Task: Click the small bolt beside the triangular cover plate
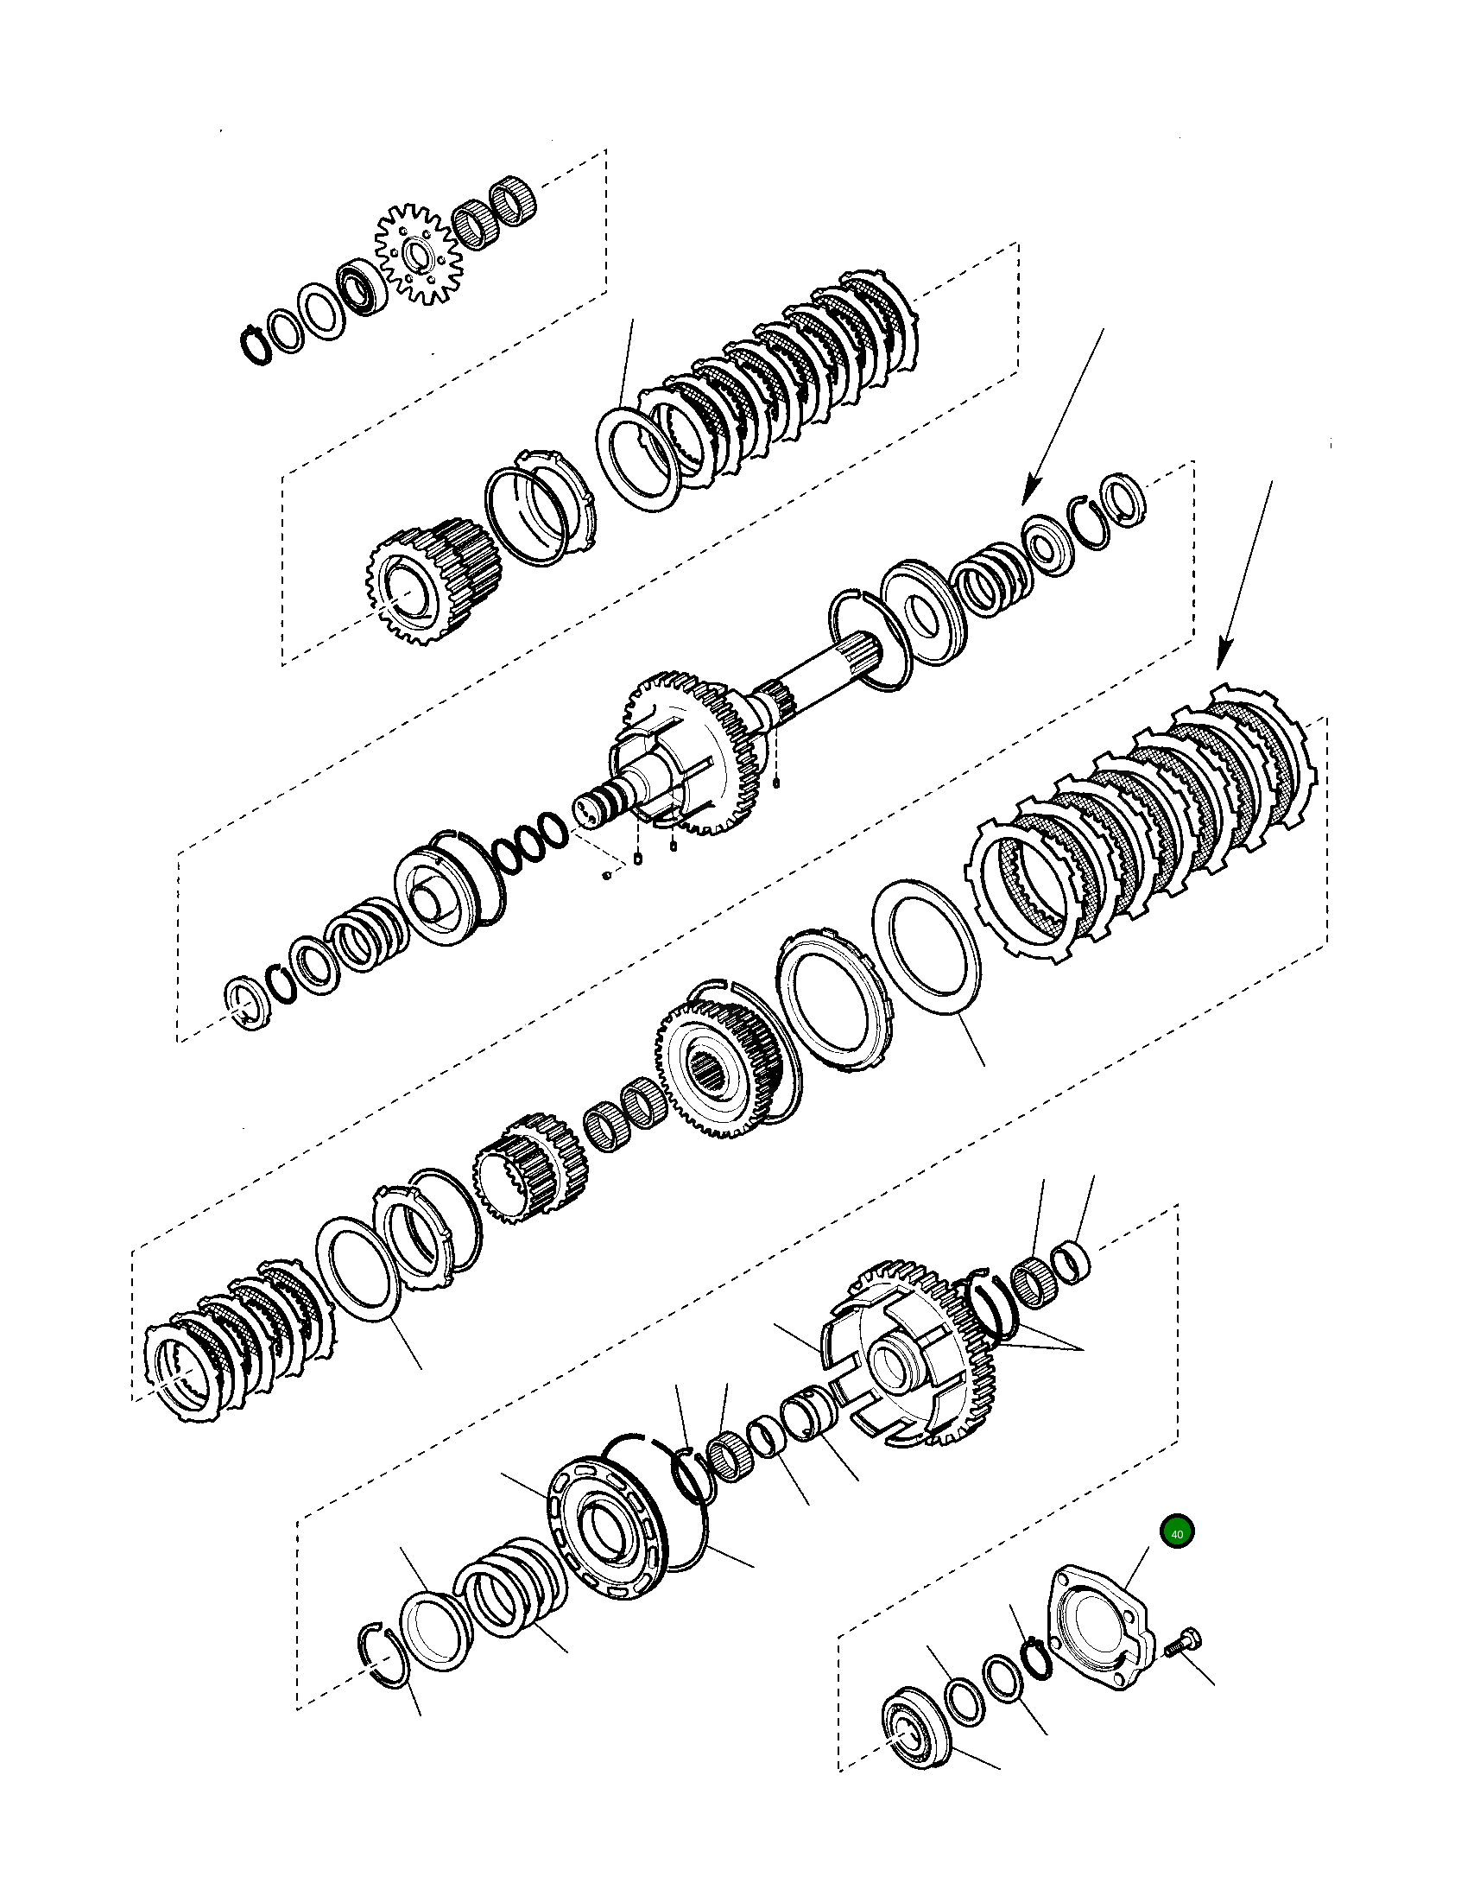pyautogui.click(x=1180, y=1640)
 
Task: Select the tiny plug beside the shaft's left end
pyautogui.click(x=607, y=875)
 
